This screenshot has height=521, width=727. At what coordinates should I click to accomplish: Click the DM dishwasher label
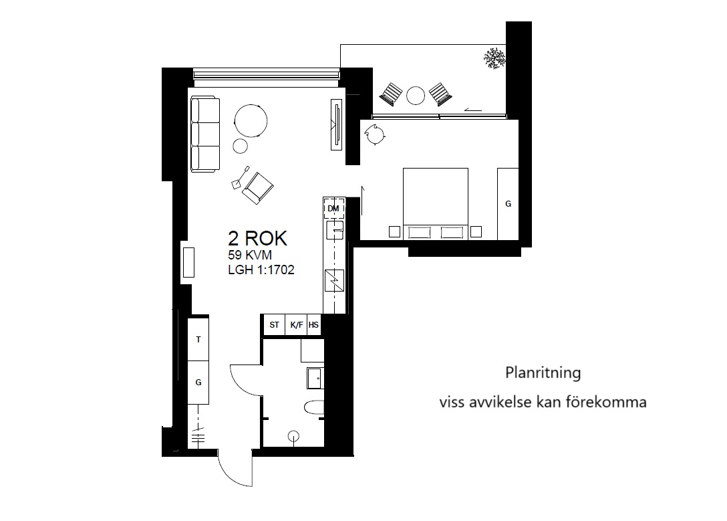pyautogui.click(x=333, y=209)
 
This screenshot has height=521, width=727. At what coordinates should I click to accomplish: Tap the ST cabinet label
pyautogui.click(x=275, y=325)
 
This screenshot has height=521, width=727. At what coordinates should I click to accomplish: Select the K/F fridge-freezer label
pyautogui.click(x=297, y=325)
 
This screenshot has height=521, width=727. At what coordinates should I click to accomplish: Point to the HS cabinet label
pyautogui.click(x=314, y=325)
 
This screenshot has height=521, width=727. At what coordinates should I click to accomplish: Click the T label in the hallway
pyautogui.click(x=198, y=340)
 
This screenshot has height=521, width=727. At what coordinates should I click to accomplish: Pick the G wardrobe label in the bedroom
pyautogui.click(x=508, y=204)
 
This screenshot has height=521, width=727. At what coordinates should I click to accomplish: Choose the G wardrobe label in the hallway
pyautogui.click(x=198, y=383)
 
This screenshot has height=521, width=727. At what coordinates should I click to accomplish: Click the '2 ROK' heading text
pyautogui.click(x=257, y=239)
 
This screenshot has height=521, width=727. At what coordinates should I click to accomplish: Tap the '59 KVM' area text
pyautogui.click(x=249, y=255)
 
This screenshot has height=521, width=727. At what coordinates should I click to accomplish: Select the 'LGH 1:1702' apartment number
pyautogui.click(x=261, y=270)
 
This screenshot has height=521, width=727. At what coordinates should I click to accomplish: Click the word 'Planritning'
pyautogui.click(x=543, y=373)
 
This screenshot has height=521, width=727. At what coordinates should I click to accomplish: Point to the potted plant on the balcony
pyautogui.click(x=494, y=58)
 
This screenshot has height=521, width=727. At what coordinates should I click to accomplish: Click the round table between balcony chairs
pyautogui.click(x=416, y=96)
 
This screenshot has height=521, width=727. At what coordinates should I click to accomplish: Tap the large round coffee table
pyautogui.click(x=251, y=120)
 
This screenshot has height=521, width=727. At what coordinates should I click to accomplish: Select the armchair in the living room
pyautogui.click(x=257, y=188)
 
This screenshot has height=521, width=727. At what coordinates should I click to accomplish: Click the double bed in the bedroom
pyautogui.click(x=436, y=204)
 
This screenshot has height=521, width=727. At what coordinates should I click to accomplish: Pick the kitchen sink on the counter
pyautogui.click(x=335, y=230)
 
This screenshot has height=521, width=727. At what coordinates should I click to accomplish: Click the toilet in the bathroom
pyautogui.click(x=314, y=408)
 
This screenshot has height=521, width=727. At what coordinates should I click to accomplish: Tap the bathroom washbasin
pyautogui.click(x=315, y=378)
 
